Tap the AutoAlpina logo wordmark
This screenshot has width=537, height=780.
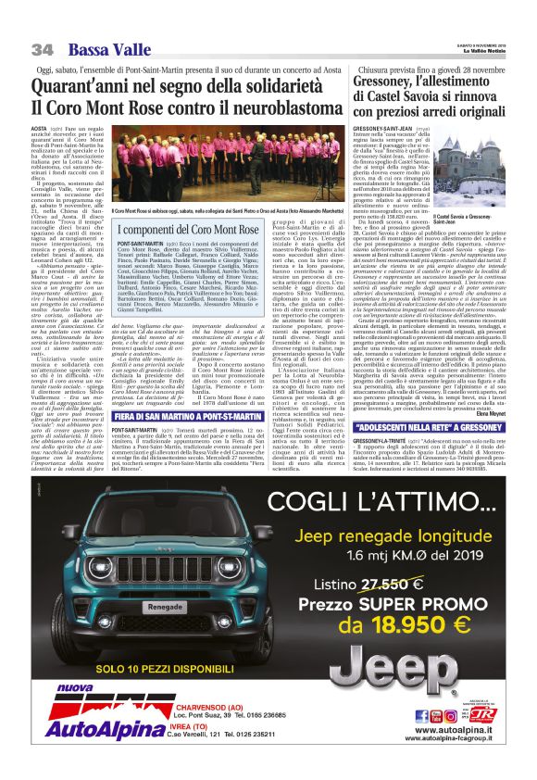(76, 749)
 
